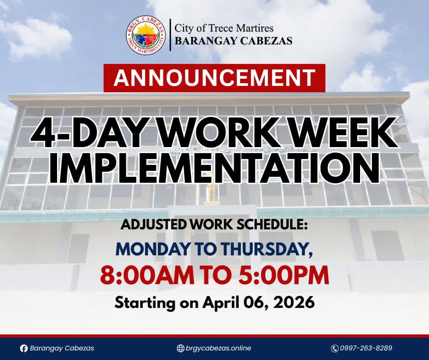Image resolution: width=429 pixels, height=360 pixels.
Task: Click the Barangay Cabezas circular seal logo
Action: [x=146, y=35]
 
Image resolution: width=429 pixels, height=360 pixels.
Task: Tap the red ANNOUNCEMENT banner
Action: [x=214, y=78]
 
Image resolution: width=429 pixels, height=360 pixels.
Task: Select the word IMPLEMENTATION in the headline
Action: [x=214, y=167]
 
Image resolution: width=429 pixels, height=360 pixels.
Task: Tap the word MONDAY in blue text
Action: [x=152, y=249]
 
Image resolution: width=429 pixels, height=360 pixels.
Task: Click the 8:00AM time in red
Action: [x=147, y=275]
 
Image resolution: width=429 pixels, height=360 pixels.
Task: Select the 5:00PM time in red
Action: [x=283, y=275]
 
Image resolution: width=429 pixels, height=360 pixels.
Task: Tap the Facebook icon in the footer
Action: [x=24, y=349]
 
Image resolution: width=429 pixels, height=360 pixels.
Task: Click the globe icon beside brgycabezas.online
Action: [x=180, y=348]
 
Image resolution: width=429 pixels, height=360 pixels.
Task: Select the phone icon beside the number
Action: [x=335, y=349]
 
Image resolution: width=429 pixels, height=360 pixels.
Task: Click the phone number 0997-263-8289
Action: [x=366, y=348]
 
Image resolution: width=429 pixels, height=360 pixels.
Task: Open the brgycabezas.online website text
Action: [x=218, y=349]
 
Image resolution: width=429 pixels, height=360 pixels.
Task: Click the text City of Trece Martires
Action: [x=224, y=28]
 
